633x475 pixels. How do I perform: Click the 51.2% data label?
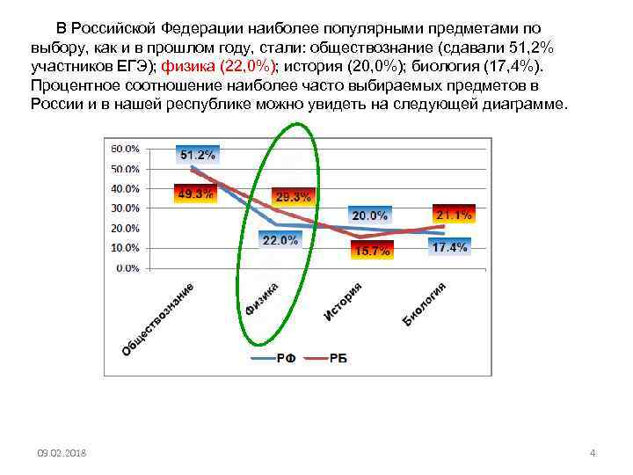(198, 155)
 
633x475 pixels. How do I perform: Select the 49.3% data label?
(195, 194)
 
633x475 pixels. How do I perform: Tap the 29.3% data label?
(293, 197)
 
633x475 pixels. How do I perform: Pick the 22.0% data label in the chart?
(279, 240)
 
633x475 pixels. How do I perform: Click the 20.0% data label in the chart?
(370, 216)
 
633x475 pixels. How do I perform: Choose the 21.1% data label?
(454, 215)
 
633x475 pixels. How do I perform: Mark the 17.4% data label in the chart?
(449, 248)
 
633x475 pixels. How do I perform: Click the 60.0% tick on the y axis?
(125, 149)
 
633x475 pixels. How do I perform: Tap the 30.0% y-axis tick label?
(125, 208)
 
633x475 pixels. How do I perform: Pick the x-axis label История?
(343, 299)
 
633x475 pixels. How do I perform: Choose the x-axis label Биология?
(426, 303)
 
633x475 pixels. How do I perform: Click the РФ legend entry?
(274, 358)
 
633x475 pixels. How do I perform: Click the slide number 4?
(593, 453)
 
